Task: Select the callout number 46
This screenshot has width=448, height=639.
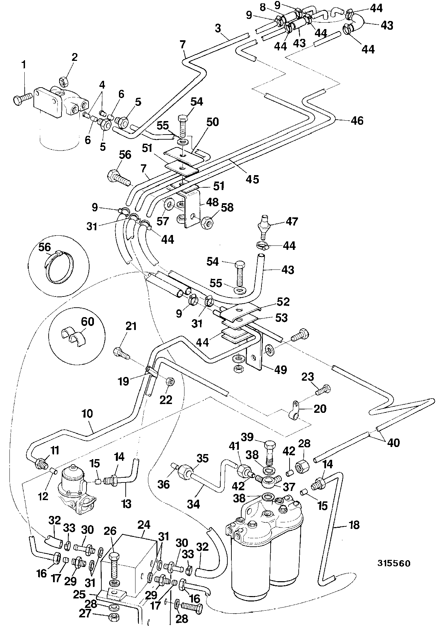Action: (357, 121)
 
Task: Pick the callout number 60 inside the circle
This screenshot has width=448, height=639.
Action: (87, 321)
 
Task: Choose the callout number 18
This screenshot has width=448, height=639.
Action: (354, 525)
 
